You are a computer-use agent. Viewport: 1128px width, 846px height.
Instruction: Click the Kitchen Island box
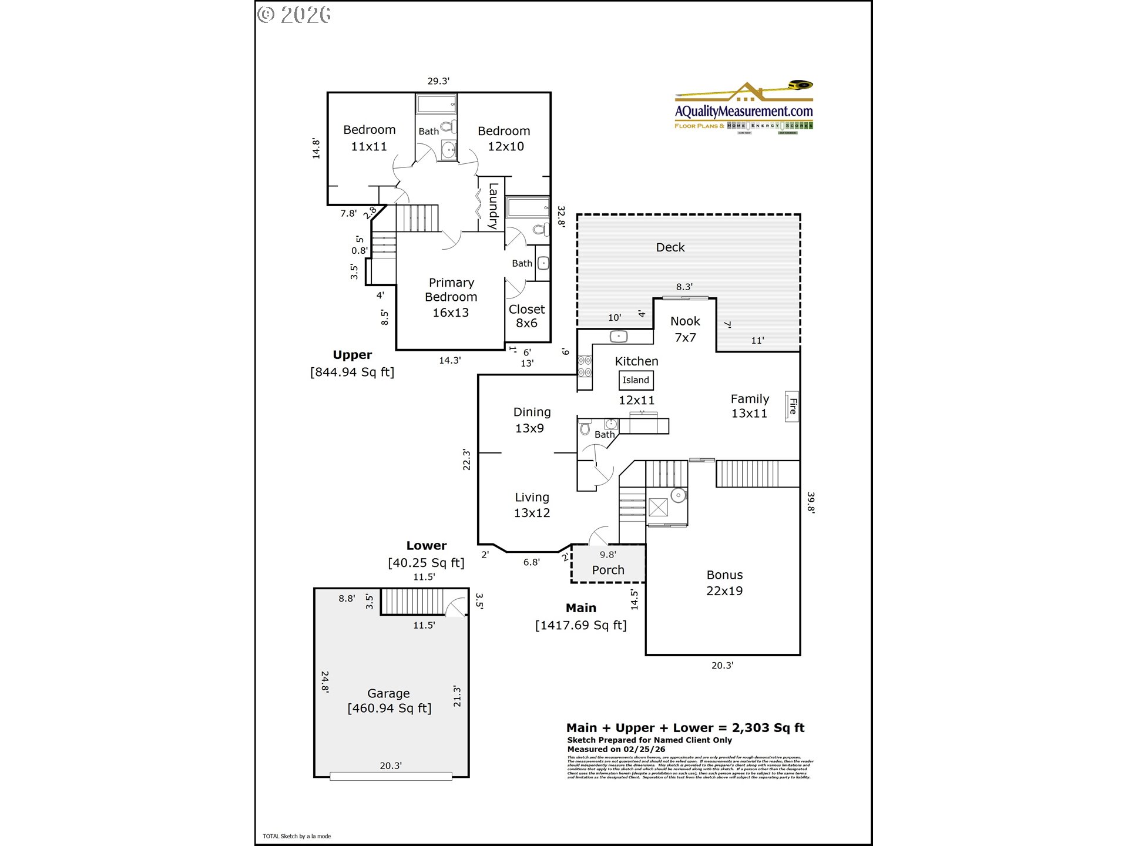click(636, 380)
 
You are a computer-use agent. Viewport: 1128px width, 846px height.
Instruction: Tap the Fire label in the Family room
click(792, 406)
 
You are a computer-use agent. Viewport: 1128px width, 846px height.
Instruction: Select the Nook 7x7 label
click(685, 329)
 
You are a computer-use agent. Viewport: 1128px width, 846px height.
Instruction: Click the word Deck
click(670, 247)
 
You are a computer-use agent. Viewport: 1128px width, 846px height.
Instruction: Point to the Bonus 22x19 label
click(724, 583)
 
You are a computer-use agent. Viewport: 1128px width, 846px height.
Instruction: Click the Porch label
click(608, 570)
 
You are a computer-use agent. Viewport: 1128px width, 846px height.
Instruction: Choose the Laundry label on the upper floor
click(493, 206)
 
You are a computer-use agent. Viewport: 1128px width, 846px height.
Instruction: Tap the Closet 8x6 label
click(526, 316)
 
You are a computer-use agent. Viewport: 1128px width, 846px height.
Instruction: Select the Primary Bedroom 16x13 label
click(451, 297)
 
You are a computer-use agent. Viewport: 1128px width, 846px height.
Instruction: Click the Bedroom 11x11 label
click(369, 138)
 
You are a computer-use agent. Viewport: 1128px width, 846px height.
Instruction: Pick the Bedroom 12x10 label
click(504, 139)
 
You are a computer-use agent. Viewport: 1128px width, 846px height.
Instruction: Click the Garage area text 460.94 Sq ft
click(390, 709)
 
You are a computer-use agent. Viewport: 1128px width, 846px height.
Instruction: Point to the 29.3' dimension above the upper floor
click(438, 81)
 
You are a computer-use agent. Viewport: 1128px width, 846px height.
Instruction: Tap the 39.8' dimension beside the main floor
click(811, 503)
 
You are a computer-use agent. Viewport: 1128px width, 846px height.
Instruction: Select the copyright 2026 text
click(294, 15)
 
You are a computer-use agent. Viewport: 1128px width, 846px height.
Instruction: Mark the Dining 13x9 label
click(531, 420)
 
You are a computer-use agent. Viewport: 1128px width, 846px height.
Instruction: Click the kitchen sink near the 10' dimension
click(619, 337)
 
